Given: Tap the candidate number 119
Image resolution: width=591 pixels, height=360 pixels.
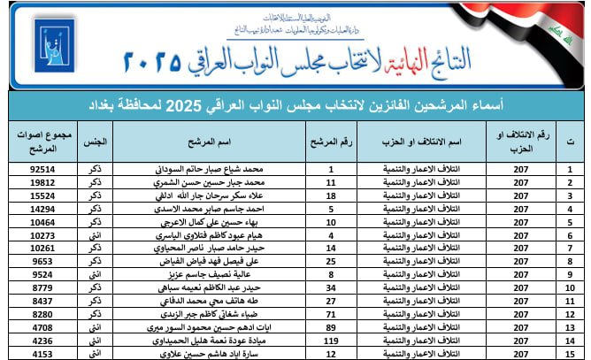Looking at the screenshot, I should [330, 341].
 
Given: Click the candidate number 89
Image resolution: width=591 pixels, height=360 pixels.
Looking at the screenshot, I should [330, 327].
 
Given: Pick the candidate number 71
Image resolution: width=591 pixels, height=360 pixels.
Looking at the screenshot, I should [330, 314].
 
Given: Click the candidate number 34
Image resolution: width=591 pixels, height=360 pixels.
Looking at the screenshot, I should [330, 287].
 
